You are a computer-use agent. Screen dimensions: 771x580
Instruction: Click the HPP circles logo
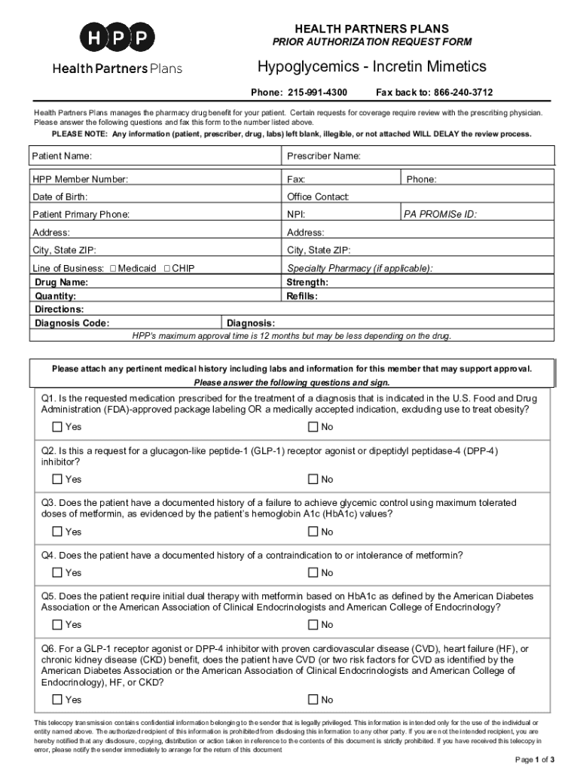117,37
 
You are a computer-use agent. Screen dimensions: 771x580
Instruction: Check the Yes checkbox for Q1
58,427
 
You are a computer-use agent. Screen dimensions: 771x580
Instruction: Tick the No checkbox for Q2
313,479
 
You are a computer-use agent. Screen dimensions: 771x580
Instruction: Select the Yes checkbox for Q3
58,532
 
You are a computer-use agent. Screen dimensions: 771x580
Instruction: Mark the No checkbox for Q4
313,572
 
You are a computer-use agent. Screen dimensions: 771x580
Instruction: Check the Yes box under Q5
58,624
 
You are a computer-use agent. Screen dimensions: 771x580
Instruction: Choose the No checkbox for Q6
313,699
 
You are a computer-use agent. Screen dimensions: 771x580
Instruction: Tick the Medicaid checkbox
113,268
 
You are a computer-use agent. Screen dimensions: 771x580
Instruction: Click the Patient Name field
188,156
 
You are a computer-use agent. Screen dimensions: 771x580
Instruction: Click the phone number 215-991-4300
316,93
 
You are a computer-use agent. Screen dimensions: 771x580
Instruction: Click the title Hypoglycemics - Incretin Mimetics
371,67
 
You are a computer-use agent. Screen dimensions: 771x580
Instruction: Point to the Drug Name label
62,282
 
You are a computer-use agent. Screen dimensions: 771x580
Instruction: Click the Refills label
302,296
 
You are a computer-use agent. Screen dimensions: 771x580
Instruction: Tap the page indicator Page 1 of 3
534,758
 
